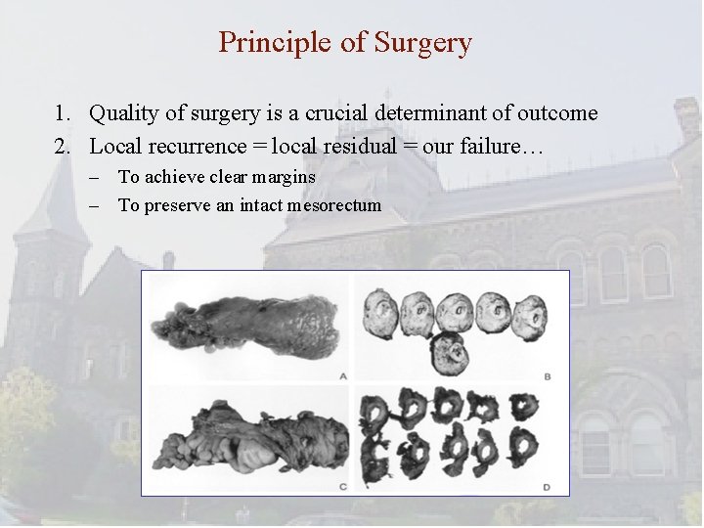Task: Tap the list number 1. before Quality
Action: [63, 113]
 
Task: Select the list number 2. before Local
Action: [63, 147]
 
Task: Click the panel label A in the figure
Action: [341, 374]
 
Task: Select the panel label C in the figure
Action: [341, 485]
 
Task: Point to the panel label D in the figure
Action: [547, 485]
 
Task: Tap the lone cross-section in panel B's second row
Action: [450, 352]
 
